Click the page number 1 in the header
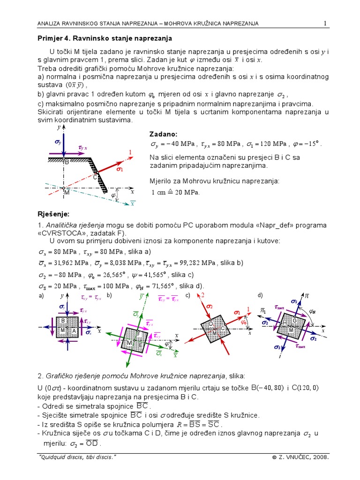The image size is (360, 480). [324, 23]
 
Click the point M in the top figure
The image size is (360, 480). [66, 192]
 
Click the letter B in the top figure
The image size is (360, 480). [67, 162]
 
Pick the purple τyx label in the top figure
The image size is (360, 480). [82, 148]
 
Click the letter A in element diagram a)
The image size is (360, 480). [74, 330]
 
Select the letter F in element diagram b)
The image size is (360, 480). [138, 334]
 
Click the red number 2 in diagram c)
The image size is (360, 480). [202, 295]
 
